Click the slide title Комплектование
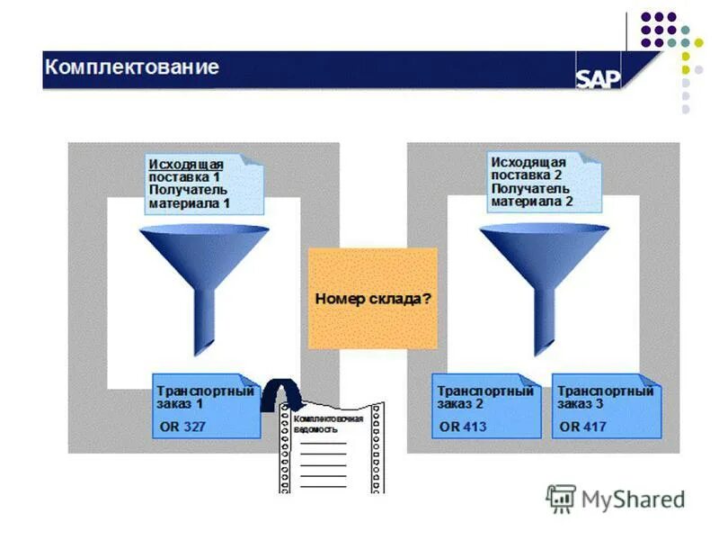132,67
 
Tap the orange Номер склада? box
373,298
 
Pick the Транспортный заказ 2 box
486,406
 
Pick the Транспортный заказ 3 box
606,406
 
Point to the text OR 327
182,427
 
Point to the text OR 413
463,427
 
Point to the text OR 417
582,427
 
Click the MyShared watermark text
632,499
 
